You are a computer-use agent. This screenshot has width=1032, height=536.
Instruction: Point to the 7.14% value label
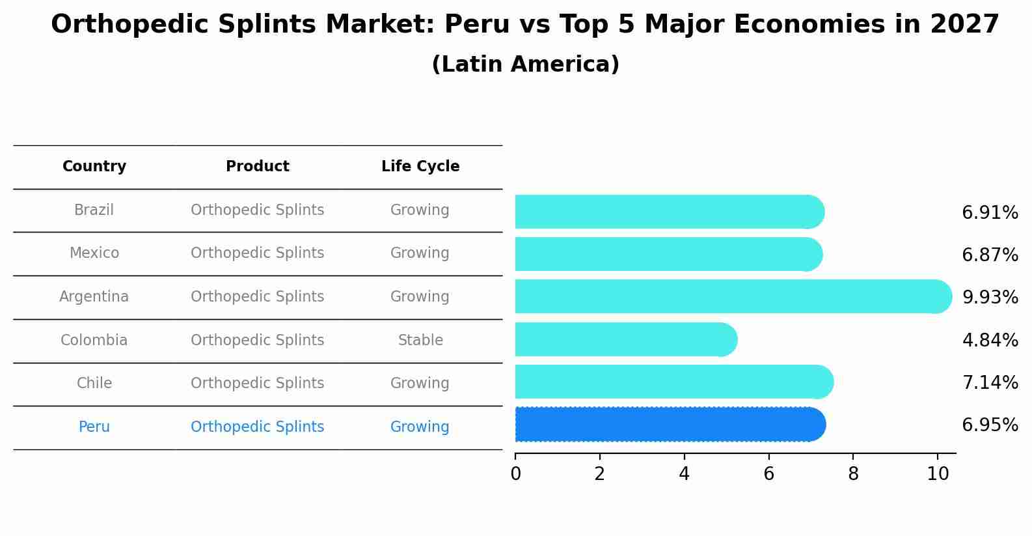990,382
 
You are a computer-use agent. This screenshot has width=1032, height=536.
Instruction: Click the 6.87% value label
990,255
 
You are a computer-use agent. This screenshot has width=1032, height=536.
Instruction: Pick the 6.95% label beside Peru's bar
990,425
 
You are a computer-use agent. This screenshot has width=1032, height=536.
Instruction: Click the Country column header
94,167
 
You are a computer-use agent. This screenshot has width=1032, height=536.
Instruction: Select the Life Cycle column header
420,167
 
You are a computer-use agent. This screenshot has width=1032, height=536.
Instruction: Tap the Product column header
258,167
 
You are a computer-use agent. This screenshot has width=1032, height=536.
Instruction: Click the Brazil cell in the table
94,210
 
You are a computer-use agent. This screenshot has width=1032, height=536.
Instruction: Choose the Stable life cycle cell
420,340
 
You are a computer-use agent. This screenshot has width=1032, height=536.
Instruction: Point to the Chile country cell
94,384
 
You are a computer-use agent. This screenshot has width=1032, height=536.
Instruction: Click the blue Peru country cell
94,427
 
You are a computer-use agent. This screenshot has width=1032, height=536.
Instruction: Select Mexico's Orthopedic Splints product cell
258,253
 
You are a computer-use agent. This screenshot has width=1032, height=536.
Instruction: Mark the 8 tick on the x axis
853,473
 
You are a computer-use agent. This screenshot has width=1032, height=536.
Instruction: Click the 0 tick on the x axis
516,473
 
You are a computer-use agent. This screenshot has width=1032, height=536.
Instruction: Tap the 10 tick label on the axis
938,473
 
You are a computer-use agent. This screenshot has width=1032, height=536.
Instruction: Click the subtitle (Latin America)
525,64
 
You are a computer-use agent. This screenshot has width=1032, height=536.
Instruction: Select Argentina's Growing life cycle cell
420,297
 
